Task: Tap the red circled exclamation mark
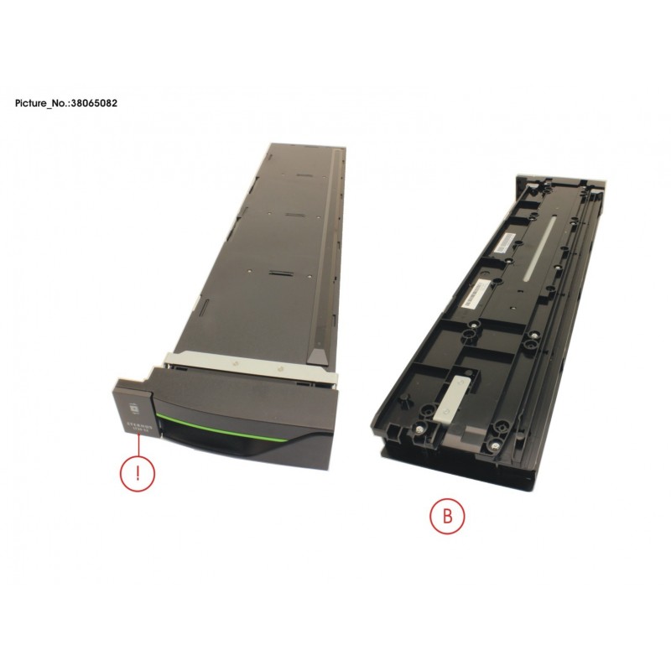coord(133,473)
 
